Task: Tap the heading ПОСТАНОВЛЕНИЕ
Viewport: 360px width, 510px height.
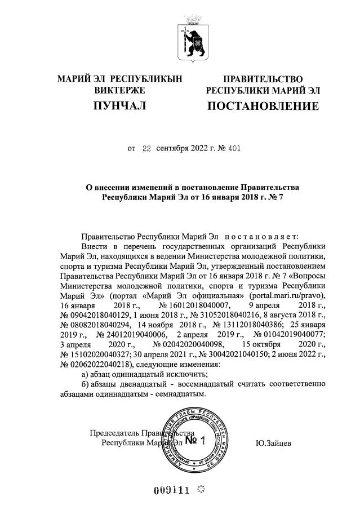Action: point(263,106)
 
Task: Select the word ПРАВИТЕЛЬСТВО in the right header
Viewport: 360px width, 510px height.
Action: point(263,79)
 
